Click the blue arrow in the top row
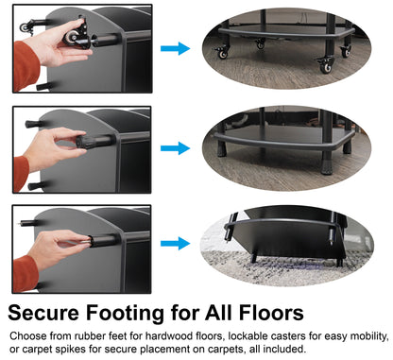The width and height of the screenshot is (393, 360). point(175,48)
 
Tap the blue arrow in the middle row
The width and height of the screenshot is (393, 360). point(175,147)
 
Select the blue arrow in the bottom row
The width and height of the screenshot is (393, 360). point(175,245)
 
